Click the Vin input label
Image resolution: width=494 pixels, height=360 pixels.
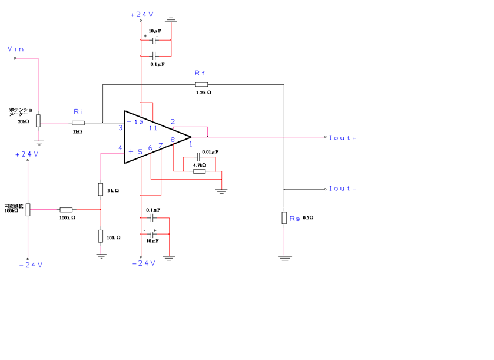point(16,49)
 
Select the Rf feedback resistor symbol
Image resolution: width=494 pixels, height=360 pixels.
point(202,85)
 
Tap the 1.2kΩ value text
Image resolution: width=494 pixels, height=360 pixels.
point(203,93)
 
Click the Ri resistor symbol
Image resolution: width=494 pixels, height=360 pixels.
point(78,123)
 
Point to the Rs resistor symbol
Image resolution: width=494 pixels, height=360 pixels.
point(284,218)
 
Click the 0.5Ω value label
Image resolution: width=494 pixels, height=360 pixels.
point(307,218)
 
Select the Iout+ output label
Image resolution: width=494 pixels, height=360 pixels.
point(343,138)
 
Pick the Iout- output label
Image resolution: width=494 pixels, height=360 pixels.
point(343,189)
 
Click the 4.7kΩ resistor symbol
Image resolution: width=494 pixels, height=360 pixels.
point(200,171)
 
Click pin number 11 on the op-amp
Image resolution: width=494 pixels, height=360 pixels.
point(153,128)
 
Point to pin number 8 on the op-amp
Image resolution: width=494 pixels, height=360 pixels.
point(173,140)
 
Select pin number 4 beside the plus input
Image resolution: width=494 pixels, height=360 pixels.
point(120,148)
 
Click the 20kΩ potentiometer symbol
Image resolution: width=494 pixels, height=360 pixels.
point(38,121)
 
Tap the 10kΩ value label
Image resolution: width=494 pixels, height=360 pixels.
point(113,237)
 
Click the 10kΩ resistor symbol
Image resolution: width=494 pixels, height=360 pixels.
point(101,236)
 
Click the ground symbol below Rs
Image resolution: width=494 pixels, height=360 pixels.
point(284,257)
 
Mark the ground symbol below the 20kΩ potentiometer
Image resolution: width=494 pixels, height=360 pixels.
point(38,142)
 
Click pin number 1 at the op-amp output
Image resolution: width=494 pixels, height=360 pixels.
point(190,145)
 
